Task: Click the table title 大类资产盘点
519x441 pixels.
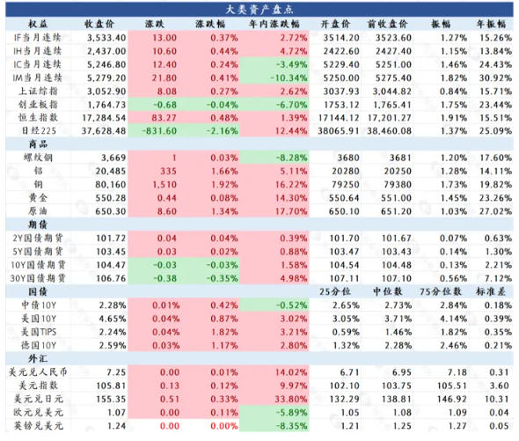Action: point(259,10)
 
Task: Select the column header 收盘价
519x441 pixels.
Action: point(99,24)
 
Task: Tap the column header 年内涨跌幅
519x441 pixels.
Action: point(274,24)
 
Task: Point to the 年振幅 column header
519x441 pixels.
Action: point(491,24)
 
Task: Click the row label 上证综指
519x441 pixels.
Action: point(38,92)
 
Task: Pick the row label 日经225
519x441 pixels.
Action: point(39,131)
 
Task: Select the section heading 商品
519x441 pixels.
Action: point(38,144)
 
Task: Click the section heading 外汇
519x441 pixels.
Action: point(38,358)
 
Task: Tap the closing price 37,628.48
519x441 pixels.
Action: point(104,131)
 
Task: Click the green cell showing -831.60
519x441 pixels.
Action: point(159,131)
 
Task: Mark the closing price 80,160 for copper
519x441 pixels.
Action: point(111,185)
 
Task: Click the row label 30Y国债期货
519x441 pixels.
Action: point(38,278)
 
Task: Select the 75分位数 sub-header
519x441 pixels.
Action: point(441,291)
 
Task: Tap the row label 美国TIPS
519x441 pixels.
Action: point(39,332)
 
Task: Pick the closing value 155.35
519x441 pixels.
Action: point(111,399)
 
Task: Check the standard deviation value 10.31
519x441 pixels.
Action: point(496,399)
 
